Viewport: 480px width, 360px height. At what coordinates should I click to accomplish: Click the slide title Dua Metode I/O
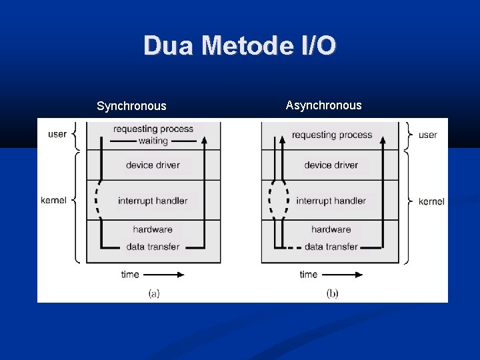pyautogui.click(x=240, y=45)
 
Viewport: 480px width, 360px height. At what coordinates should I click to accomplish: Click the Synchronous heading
pyautogui.click(x=131, y=106)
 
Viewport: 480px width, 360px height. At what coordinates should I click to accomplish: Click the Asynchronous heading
pyautogui.click(x=323, y=105)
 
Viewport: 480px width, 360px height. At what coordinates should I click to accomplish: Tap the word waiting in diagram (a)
pyautogui.click(x=153, y=141)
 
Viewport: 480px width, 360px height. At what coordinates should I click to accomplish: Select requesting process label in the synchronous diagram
pyautogui.click(x=153, y=129)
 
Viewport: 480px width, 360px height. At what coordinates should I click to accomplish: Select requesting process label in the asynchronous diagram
pyautogui.click(x=331, y=135)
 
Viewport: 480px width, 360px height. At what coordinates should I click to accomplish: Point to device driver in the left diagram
pyautogui.click(x=153, y=165)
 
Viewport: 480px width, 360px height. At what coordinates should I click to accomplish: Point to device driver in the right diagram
pyautogui.click(x=331, y=165)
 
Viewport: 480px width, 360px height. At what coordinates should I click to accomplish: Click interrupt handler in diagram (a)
pyautogui.click(x=153, y=201)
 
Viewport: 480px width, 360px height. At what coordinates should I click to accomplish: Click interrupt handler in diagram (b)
pyautogui.click(x=331, y=201)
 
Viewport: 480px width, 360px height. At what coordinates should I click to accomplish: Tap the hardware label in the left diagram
pyautogui.click(x=153, y=229)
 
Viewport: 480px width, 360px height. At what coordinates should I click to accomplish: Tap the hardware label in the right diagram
pyautogui.click(x=331, y=229)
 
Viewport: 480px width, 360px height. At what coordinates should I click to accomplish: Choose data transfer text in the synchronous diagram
pyautogui.click(x=153, y=247)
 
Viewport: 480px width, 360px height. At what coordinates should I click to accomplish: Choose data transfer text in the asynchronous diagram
pyautogui.click(x=331, y=247)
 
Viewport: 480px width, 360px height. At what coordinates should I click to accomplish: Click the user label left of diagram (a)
pyautogui.click(x=57, y=134)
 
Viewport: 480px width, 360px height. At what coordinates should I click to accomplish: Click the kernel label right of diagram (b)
pyautogui.click(x=431, y=201)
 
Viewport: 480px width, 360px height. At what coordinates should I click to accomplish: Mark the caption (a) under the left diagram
pyautogui.click(x=153, y=293)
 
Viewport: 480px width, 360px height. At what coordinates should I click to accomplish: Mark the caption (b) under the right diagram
pyautogui.click(x=331, y=293)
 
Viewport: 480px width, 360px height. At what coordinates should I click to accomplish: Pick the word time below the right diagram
pyautogui.click(x=308, y=274)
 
